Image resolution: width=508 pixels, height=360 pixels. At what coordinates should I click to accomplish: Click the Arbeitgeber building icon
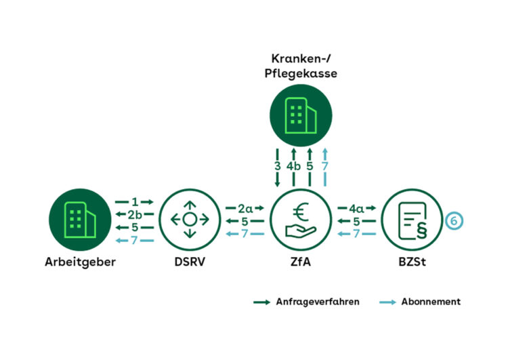[x=77, y=220]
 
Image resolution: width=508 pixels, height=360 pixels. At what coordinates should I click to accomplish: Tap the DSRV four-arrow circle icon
[x=190, y=220]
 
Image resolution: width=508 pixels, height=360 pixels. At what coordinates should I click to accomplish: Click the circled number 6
[x=455, y=220]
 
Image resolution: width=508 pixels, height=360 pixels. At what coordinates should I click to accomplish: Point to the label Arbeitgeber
[x=77, y=262]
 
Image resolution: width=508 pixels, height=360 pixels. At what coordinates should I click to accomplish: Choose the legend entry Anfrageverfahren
[x=314, y=302]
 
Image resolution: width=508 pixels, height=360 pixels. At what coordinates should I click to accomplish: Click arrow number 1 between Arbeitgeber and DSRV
[x=135, y=202]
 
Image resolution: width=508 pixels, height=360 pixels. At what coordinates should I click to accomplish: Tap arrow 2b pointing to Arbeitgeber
[x=135, y=215]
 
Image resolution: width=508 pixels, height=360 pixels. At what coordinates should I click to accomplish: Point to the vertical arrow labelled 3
[x=277, y=166]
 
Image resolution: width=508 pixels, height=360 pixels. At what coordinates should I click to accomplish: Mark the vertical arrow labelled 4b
[x=293, y=166]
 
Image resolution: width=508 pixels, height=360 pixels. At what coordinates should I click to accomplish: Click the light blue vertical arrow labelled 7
[x=326, y=166]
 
